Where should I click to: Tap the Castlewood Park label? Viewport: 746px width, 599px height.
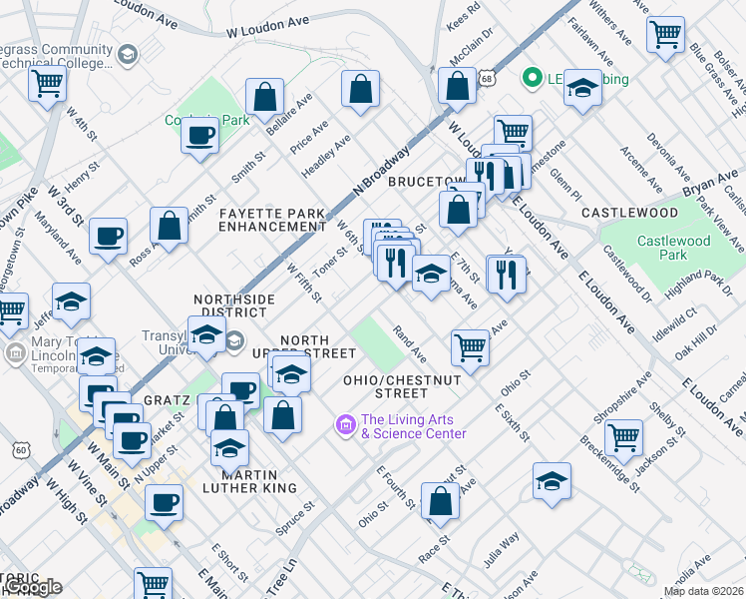674,248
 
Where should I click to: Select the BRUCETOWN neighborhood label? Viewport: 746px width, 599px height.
427,181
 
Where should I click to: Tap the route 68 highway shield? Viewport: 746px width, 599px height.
486,77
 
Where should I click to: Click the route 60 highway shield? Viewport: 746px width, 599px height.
21,451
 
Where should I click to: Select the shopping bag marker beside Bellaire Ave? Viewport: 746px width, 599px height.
264,97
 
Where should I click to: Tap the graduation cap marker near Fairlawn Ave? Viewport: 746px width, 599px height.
583,88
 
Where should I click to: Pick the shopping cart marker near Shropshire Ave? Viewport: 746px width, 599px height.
623,436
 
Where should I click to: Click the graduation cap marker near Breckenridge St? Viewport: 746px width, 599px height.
552,481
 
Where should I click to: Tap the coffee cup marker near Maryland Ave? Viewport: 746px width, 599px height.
107,237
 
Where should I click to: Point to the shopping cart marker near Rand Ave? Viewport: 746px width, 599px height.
470,347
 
